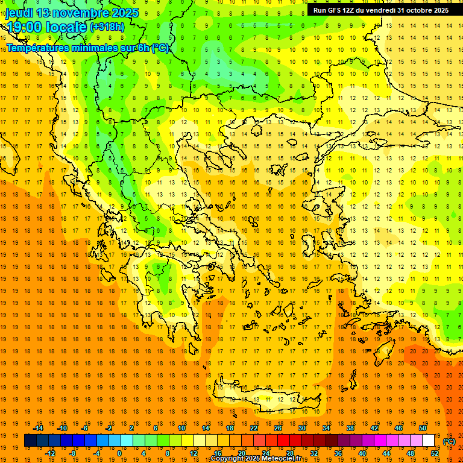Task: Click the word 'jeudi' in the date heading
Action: pos(19,13)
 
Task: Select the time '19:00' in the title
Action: pos(26,27)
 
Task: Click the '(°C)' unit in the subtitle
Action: pos(160,48)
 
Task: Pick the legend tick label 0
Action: pos(119,453)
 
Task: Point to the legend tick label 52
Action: pos(434,453)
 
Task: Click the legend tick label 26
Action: pos(278,427)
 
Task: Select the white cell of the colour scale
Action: pos(428,441)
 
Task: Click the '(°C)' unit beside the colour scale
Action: pos(449,441)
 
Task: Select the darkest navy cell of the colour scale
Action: pos(30,441)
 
